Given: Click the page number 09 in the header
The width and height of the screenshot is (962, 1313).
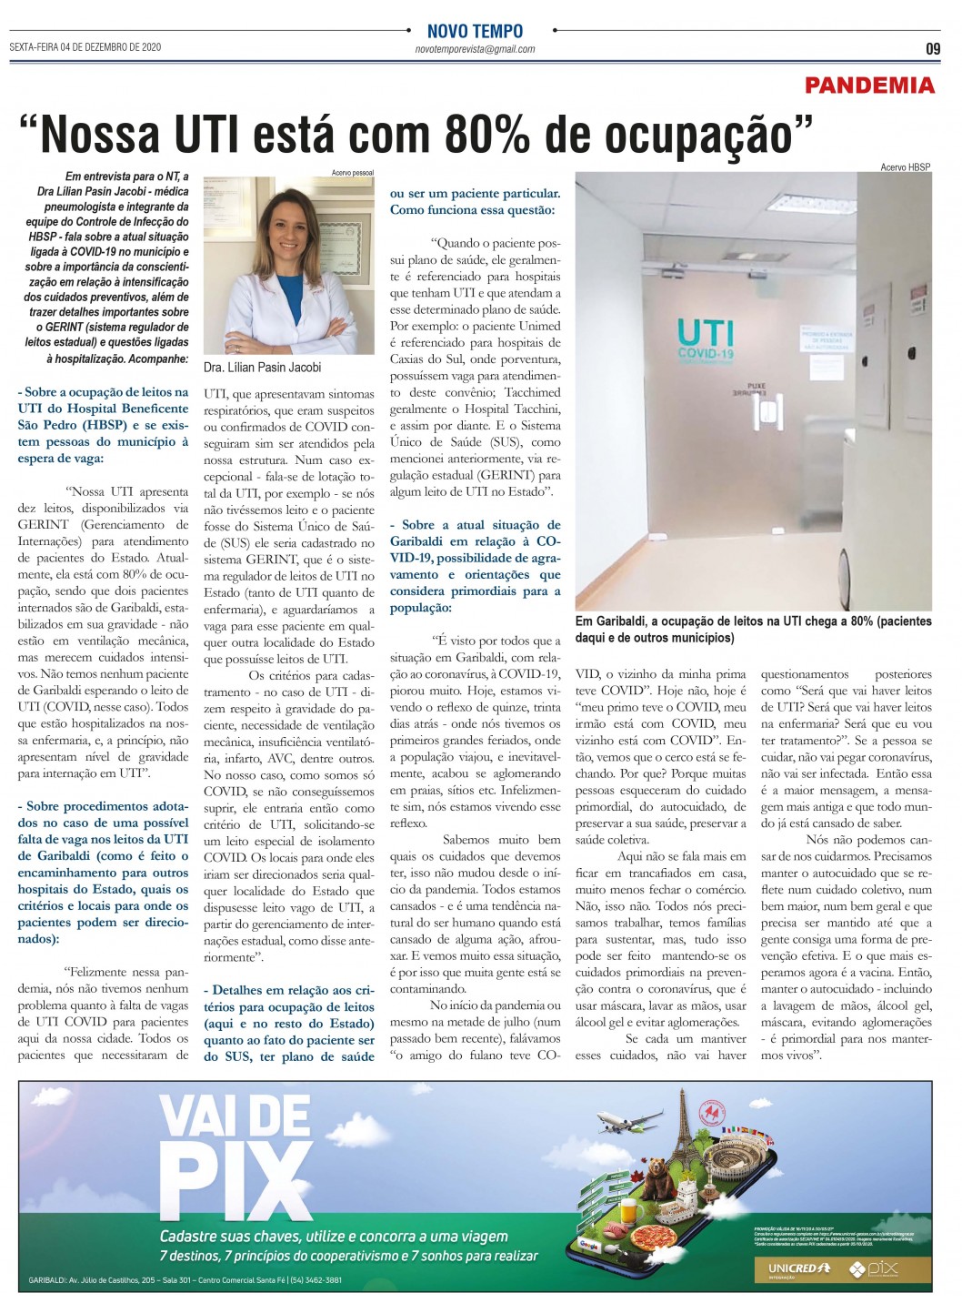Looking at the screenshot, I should [933, 49].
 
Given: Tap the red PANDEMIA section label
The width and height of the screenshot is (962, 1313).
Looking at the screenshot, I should [869, 86].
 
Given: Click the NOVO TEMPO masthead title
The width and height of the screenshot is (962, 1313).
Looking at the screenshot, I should [475, 31].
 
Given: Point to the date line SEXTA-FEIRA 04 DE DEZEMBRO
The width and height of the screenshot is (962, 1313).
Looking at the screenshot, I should [85, 46].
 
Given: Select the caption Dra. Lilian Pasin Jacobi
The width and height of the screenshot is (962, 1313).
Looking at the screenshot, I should [262, 368].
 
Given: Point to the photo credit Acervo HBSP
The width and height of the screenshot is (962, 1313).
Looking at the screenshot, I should [905, 167].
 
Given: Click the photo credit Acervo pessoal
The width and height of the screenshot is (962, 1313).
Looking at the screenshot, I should [353, 172].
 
